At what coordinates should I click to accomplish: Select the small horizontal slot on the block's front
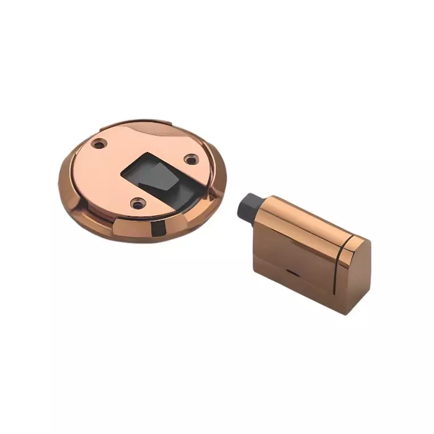click(x=291, y=271)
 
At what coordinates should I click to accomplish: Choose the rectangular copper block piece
click(x=304, y=248)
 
